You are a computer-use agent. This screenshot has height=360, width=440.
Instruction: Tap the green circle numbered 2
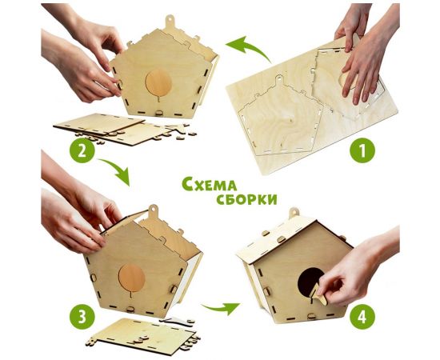(82, 149)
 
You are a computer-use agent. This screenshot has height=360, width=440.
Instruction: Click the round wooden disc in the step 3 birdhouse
(132, 278)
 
